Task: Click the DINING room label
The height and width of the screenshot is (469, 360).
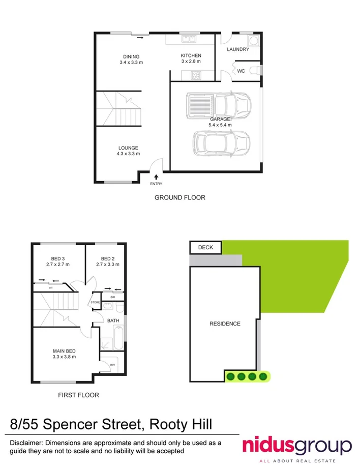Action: [x=131, y=56]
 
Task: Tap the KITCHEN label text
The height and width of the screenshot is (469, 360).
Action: [x=191, y=55]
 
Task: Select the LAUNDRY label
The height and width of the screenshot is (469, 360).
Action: [x=238, y=49]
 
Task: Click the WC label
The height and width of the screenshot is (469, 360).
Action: [x=241, y=71]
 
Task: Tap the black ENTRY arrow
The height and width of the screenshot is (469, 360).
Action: [x=156, y=176]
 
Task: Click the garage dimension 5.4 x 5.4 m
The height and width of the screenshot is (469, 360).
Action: [x=220, y=125]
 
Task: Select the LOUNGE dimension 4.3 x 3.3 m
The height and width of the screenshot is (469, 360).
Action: [x=128, y=154]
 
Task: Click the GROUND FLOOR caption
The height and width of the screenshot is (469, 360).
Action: [x=180, y=197]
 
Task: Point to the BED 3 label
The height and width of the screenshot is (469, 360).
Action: [x=58, y=258]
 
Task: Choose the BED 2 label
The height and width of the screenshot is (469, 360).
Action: [x=106, y=258]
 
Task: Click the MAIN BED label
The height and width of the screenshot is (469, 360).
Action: [x=64, y=350]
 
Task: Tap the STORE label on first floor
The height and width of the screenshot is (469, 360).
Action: [x=95, y=303]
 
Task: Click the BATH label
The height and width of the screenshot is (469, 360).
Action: [x=113, y=320]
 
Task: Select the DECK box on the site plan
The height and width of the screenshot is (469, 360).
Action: [x=206, y=248]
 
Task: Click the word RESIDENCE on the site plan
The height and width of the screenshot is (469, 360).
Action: [x=225, y=324]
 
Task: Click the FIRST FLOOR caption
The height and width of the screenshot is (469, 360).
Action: [x=78, y=395]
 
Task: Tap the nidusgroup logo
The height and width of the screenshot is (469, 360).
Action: [x=297, y=446]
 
